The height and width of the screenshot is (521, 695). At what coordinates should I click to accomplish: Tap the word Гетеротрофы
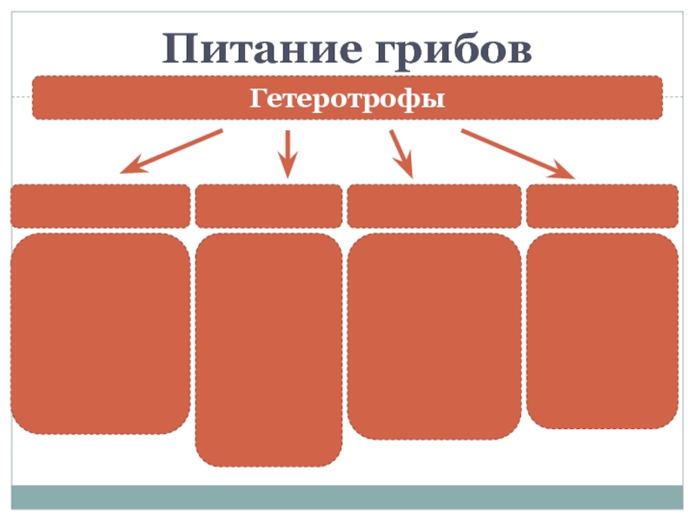(x=347, y=97)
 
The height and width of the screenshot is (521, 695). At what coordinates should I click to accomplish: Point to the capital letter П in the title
(x=180, y=49)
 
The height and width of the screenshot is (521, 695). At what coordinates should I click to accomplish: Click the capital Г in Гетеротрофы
(x=258, y=97)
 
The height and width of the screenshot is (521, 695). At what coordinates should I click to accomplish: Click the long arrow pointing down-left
(x=172, y=150)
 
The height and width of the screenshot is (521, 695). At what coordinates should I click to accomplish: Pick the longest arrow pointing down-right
(x=518, y=154)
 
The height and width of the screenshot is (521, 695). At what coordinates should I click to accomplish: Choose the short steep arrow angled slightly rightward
(x=400, y=154)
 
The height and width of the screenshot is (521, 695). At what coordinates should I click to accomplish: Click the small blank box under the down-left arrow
(x=100, y=206)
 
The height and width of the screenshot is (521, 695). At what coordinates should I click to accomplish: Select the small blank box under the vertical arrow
(x=268, y=206)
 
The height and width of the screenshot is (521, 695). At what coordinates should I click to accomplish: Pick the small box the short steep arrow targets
(x=434, y=206)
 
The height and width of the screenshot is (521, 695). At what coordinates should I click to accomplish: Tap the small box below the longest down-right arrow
(x=602, y=206)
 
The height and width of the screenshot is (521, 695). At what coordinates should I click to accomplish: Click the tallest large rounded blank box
(x=268, y=349)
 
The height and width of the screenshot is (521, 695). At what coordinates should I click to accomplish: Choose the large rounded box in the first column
(x=100, y=333)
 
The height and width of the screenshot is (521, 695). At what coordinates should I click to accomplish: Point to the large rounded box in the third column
(x=434, y=336)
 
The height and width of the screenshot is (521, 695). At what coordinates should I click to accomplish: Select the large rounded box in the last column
(x=602, y=330)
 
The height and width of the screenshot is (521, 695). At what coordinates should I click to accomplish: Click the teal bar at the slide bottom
(x=347, y=497)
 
